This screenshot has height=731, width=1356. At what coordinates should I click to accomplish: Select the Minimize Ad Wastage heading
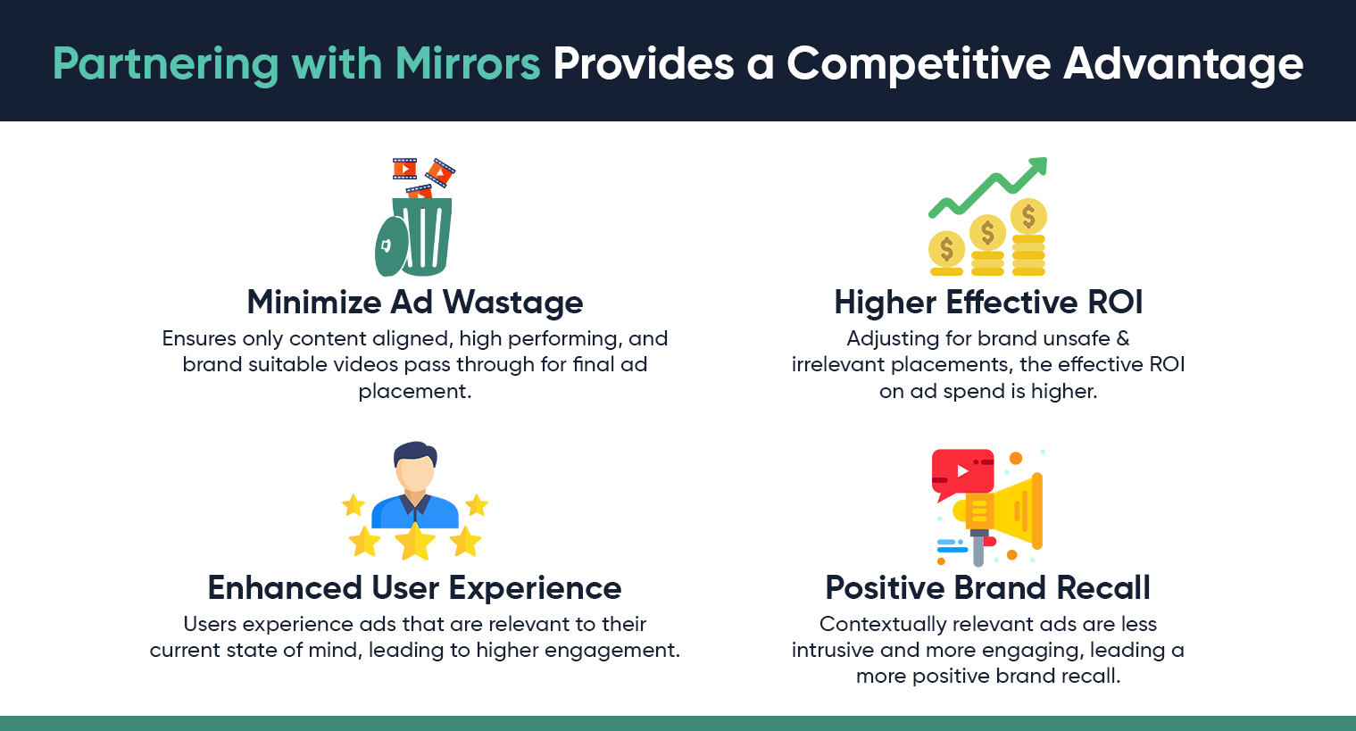(415, 303)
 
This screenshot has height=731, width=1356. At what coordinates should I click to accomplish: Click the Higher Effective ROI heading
(988, 303)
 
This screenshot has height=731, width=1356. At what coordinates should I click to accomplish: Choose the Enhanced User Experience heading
(414, 588)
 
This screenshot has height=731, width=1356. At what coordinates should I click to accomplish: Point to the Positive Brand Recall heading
(987, 588)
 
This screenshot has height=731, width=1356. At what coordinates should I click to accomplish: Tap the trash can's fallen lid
(390, 246)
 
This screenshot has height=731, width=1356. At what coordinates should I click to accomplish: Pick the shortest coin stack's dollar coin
(946, 249)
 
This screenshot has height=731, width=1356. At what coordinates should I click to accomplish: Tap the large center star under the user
(415, 541)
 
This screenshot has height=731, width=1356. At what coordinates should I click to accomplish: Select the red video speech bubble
(961, 471)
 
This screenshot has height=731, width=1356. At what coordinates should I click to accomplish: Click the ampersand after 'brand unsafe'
(1123, 338)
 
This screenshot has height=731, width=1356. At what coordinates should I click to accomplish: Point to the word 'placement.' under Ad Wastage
(415, 391)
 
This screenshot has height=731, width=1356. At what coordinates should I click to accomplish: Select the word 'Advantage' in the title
(1184, 65)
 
